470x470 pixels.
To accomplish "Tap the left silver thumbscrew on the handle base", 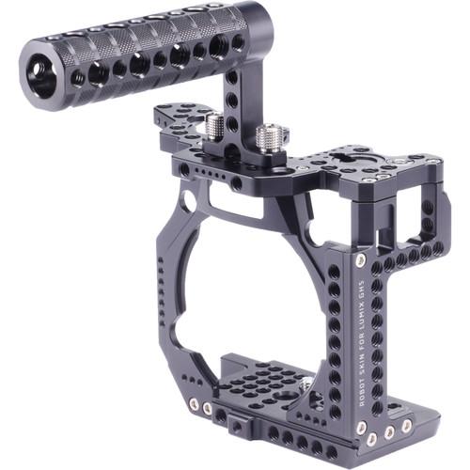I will click(x=215, y=124).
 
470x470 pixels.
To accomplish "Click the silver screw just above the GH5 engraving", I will click(x=361, y=255).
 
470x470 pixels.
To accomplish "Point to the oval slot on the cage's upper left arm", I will click(x=189, y=200).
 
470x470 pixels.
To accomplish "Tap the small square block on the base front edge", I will click(x=218, y=415).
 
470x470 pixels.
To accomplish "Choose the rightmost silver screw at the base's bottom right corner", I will click(x=406, y=426).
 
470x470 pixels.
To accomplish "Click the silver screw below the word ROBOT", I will click(x=361, y=429).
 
